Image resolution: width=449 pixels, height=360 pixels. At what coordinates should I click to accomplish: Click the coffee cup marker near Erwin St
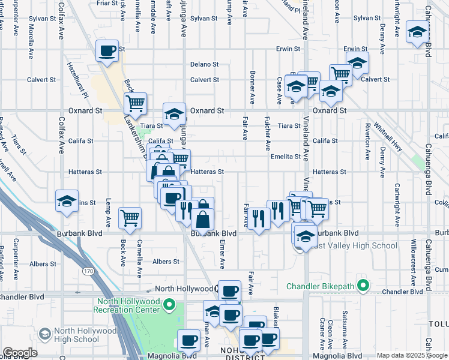(x=107, y=51)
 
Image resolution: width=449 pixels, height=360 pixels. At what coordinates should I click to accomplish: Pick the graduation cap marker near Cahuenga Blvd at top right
(x=417, y=32)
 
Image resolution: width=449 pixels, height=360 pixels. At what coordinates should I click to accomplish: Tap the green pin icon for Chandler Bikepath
(x=362, y=284)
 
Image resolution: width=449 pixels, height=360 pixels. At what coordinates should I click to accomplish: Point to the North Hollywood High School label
(x=85, y=335)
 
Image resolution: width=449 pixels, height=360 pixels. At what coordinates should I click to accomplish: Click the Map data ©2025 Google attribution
(x=411, y=355)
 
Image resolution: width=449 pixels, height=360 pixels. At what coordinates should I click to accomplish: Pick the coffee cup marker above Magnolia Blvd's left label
(x=189, y=340)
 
